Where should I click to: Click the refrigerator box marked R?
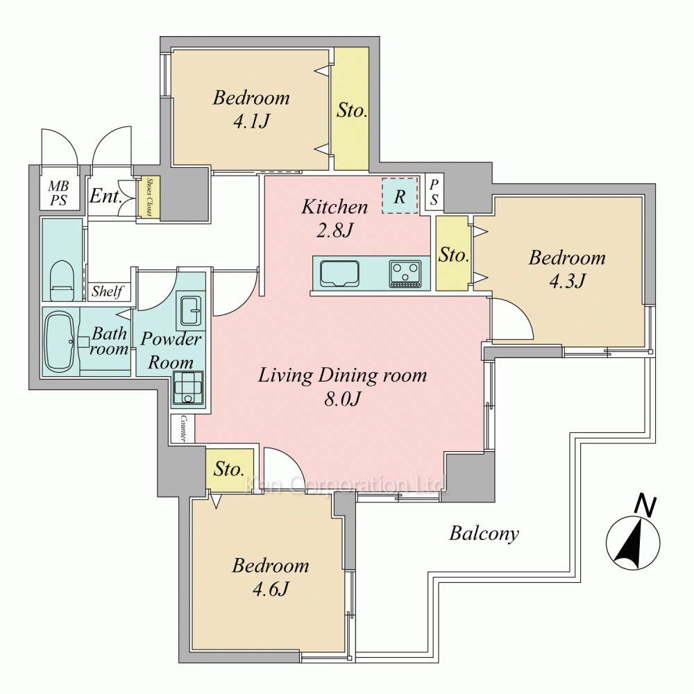coord(400,196)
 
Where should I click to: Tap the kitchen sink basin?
coord(339,274)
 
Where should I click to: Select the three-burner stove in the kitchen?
coord(405,274)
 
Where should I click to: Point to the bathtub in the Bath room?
coord(60,341)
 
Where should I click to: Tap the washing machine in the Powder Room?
coord(189,388)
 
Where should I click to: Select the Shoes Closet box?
coord(149,197)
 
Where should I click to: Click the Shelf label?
coord(107,291)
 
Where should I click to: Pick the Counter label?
coord(183,428)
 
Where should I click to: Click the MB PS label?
coord(59,194)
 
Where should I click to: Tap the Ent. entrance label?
coord(105,196)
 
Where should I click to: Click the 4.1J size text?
coord(251,121)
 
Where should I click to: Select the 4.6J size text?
coord(271,589)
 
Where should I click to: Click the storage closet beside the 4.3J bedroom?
coord(452,253)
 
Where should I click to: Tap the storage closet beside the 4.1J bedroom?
coord(351,109)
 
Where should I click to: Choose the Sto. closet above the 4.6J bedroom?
coord(230,469)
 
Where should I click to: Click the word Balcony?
coord(484,534)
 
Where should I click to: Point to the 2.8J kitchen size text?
coord(335,230)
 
